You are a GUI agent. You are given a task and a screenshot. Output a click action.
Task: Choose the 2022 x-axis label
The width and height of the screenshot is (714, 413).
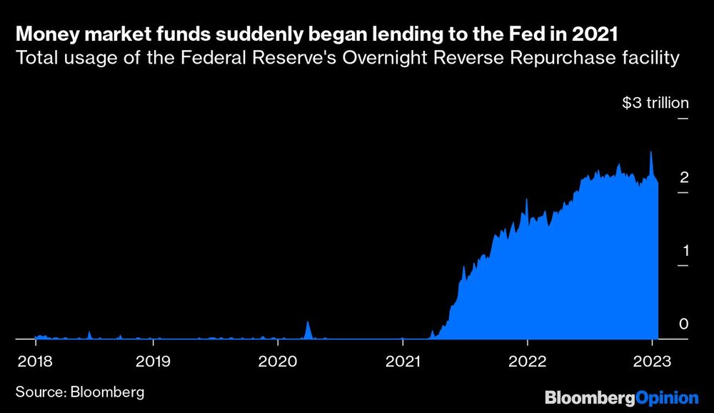(x=528, y=361)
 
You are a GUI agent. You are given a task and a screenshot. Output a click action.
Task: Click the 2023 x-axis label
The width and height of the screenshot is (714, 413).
(x=651, y=361)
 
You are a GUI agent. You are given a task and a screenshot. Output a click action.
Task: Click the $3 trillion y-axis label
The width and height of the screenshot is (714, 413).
(x=655, y=103)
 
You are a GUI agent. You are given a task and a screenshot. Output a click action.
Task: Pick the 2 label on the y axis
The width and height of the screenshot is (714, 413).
(x=684, y=177)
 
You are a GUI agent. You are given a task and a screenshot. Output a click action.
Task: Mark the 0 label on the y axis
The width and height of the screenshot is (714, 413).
(x=684, y=324)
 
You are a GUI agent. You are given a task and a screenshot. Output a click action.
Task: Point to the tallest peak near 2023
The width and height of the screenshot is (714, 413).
(x=650, y=153)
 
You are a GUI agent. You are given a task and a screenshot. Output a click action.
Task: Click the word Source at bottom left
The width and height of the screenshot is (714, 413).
(x=40, y=392)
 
